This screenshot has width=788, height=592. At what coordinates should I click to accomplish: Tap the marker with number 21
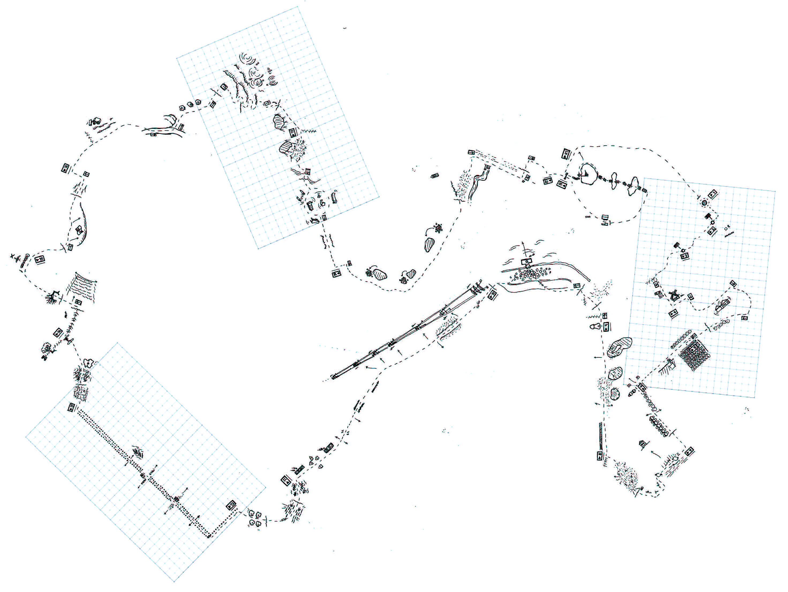tap(566, 154)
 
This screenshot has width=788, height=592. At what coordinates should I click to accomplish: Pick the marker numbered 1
tap(712, 194)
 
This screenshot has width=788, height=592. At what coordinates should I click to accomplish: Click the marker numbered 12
tap(231, 505)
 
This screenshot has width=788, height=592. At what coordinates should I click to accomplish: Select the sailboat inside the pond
tap(586, 174)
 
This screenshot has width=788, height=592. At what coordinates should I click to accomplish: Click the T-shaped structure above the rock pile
tap(526, 263)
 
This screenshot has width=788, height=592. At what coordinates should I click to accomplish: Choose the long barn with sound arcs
tap(722, 306)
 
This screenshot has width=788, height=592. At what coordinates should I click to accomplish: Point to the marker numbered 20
tap(562, 184)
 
